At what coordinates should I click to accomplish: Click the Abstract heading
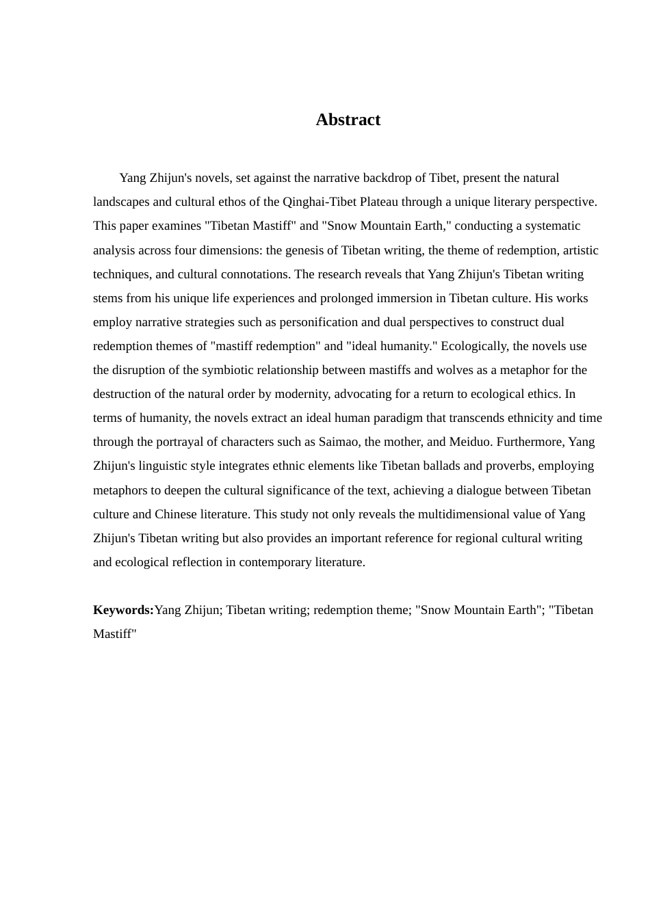[348, 120]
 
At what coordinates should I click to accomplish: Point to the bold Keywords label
[123, 610]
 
